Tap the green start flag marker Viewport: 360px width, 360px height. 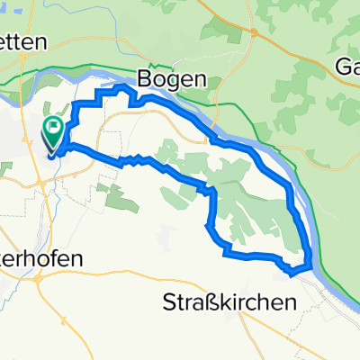tap(53, 130)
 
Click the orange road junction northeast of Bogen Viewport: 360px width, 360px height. tap(255, 33)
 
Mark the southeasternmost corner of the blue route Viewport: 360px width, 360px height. tap(310, 265)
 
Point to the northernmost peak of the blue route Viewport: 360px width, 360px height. tap(121, 86)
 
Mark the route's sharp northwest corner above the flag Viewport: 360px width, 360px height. tap(74, 106)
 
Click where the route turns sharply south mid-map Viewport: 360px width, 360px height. tap(212, 190)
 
